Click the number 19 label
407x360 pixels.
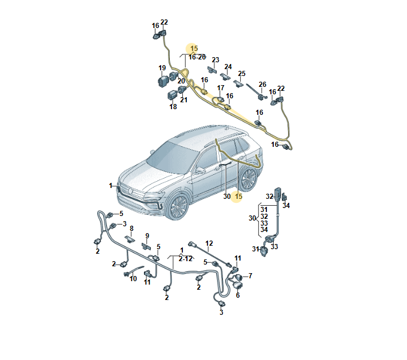(162, 68)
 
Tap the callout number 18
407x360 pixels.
(173, 107)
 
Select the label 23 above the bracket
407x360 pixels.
(216, 60)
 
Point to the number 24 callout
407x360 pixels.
(228, 67)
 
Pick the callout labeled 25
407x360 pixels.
(242, 74)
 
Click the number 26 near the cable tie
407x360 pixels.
(262, 85)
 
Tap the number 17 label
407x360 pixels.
(221, 88)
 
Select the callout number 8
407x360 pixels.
(131, 229)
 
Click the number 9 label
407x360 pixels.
(147, 236)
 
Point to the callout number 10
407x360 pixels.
(133, 279)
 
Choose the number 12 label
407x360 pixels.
(209, 243)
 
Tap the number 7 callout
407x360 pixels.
(250, 275)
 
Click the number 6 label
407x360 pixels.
(238, 295)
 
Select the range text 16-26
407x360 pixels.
(197, 57)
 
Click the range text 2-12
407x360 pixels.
(186, 259)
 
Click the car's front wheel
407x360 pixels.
(178, 206)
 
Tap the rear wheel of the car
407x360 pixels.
(249, 179)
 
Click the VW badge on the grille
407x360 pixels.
(130, 191)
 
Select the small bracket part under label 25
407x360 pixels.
(238, 83)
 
